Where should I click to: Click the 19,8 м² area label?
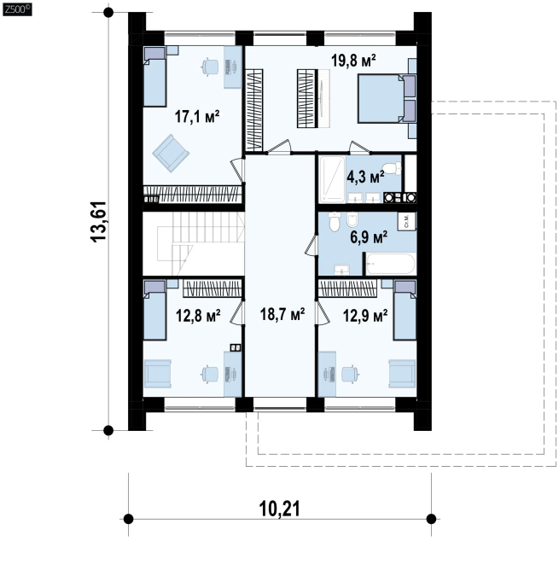(353, 60)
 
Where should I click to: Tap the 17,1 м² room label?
(197, 117)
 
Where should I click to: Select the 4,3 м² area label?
(365, 177)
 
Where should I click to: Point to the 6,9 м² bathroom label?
(369, 236)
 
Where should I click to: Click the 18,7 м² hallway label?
(282, 314)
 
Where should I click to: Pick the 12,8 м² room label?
(198, 316)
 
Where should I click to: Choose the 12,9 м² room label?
(365, 316)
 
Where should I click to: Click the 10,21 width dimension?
(279, 509)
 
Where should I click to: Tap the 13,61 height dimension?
(99, 222)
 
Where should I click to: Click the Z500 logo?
(17, 9)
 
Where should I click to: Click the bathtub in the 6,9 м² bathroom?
(390, 264)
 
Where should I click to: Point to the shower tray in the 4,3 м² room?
(332, 179)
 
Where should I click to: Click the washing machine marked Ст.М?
(407, 221)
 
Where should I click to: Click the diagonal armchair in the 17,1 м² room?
(171, 153)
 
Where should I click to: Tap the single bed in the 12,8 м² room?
(154, 310)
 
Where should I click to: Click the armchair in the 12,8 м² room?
(157, 374)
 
